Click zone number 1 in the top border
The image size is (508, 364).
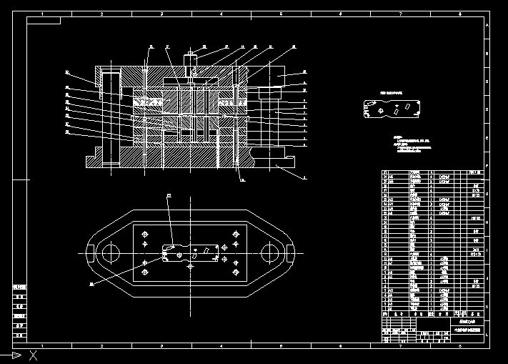pos(42,14)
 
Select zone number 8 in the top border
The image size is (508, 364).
pos(460,14)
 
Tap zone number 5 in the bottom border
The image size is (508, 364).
pos(281,345)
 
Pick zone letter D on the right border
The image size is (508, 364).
pos(487,109)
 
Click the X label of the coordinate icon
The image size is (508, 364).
pos(33,355)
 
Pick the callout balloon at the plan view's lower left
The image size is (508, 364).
pos(91,284)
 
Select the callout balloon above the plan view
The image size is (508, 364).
pos(169,195)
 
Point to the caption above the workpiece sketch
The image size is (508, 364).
pos(391,93)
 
